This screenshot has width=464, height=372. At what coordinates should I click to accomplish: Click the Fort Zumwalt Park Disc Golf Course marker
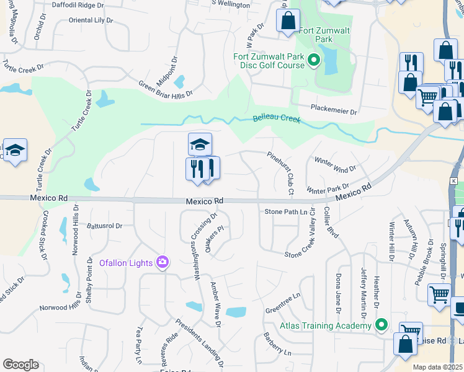pos(314,61)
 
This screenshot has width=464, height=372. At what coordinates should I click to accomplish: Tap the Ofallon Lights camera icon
pos(163,262)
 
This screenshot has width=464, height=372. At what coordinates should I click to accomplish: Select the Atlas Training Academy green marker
pos(382,325)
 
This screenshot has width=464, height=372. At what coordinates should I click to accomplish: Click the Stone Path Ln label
pos(286,212)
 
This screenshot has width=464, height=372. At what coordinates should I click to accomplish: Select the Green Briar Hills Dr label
pos(165,89)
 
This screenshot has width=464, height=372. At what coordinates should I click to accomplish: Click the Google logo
pos(20,365)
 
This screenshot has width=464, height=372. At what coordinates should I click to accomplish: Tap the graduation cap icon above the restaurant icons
pos(200,144)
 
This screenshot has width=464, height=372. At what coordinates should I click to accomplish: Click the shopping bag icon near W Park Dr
pos(288,20)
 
